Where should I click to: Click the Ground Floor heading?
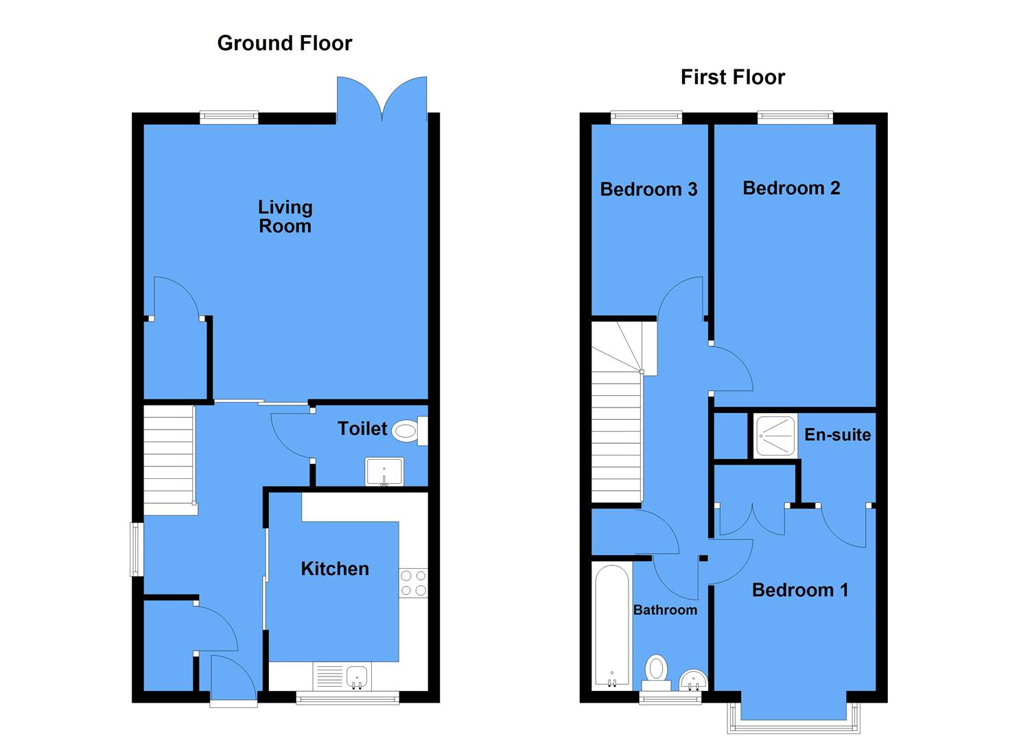(284, 43)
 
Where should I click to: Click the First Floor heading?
(732, 77)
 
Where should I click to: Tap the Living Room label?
(285, 216)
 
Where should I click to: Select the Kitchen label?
(335, 568)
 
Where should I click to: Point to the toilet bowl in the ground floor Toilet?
(406, 431)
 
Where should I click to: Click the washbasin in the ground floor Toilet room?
(384, 471)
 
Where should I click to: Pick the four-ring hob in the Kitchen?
(413, 583)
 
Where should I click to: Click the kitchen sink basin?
(357, 677)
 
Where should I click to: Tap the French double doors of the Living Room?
(382, 99)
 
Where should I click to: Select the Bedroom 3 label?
(648, 189)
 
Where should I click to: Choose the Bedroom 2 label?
(791, 187)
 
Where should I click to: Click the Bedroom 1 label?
(800, 589)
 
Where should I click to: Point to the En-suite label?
(837, 434)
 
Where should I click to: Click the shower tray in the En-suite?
(775, 436)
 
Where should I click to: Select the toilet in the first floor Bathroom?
(657, 670)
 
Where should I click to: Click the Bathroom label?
(665, 609)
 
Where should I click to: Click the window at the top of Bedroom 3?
(646, 117)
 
